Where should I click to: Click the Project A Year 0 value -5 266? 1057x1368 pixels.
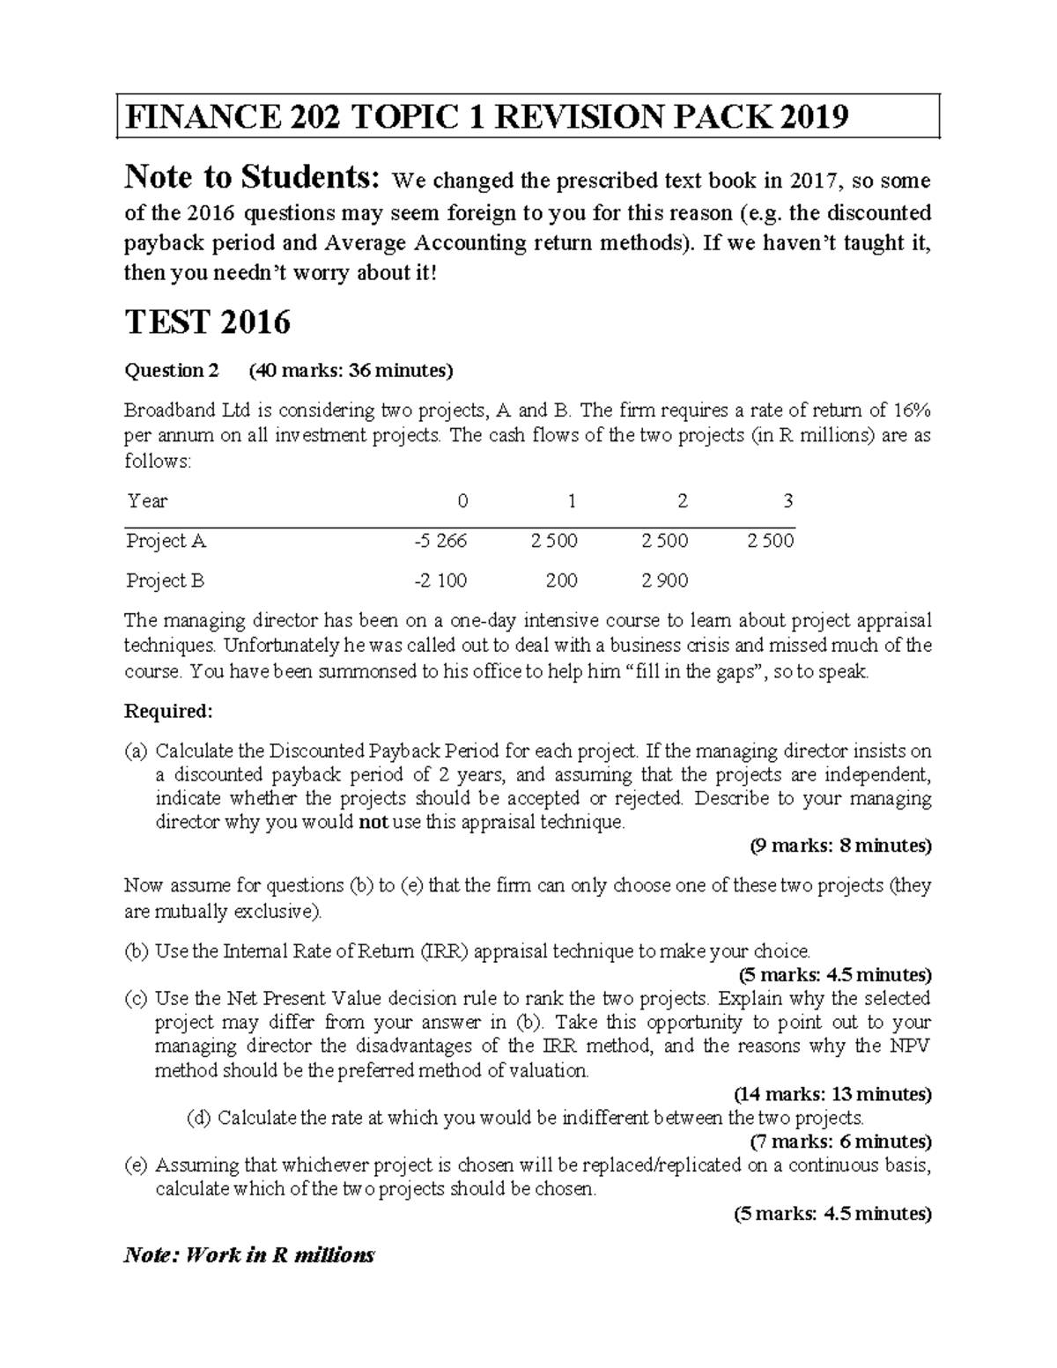click(x=440, y=541)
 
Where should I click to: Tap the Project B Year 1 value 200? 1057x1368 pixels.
click(x=561, y=580)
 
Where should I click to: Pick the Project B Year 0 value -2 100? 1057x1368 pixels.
click(x=440, y=580)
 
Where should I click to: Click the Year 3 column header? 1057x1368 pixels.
click(x=787, y=501)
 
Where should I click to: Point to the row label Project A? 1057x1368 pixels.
click(x=166, y=541)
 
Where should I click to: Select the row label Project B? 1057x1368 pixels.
click(x=165, y=580)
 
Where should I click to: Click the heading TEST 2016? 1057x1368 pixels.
click(x=207, y=322)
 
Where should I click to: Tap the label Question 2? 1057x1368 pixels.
click(x=171, y=370)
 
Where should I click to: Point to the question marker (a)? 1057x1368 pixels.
click(x=137, y=751)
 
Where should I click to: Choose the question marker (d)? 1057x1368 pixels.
click(x=200, y=1118)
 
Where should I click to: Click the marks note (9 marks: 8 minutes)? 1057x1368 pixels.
click(x=840, y=847)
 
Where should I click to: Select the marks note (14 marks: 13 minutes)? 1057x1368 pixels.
click(x=832, y=1094)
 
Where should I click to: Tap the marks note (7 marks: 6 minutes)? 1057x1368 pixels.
click(x=840, y=1142)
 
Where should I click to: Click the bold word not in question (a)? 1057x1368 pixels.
click(x=369, y=823)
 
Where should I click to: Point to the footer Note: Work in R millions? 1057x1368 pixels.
click(x=249, y=1254)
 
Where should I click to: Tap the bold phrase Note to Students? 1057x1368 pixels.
click(x=253, y=179)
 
